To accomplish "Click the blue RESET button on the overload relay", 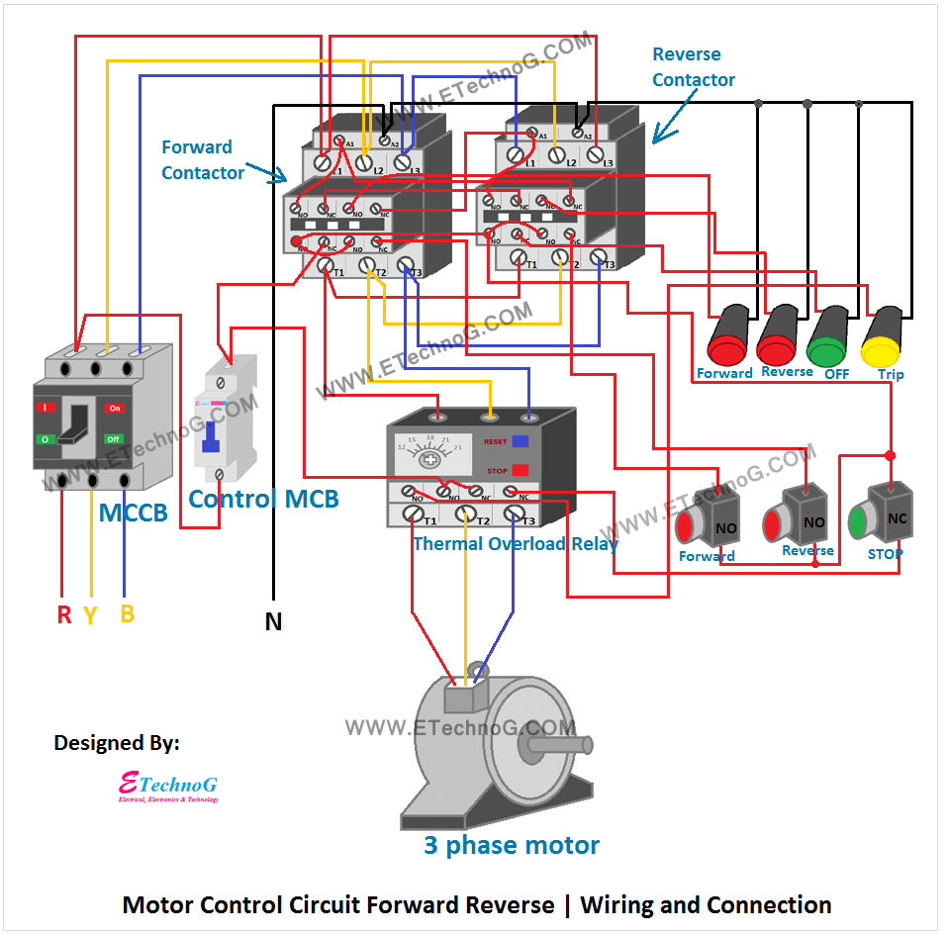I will [521, 442].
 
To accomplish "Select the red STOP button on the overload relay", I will [521, 470].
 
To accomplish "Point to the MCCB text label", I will [133, 513].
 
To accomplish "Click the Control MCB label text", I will [263, 499].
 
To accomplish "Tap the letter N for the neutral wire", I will [273, 622].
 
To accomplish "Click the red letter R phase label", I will [64, 615].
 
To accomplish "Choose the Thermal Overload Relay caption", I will [515, 543].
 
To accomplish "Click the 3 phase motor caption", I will [512, 846].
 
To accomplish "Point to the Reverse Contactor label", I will [693, 67].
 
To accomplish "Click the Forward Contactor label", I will [202, 160].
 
